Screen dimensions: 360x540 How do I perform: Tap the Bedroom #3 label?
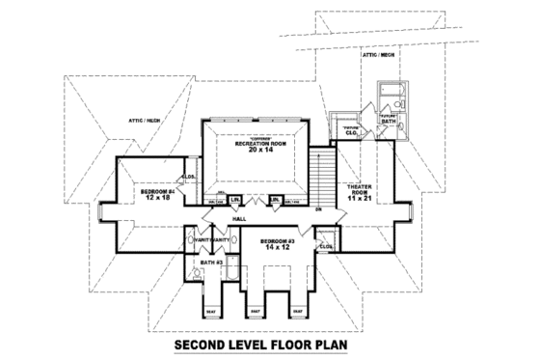coord(277,239)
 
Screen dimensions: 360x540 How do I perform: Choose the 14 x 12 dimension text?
coord(277,247)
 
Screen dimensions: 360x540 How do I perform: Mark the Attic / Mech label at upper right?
coord(378,55)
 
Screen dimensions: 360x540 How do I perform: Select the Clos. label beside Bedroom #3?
coord(326,246)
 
